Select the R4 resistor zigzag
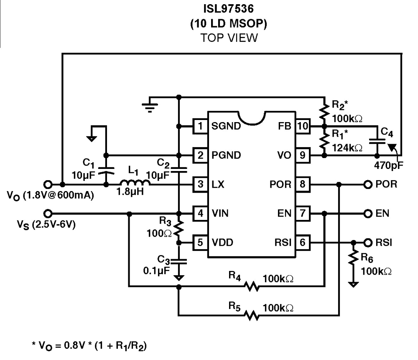pos(252,286)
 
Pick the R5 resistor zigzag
pos(252,315)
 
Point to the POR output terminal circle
pos(368,184)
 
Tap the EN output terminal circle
pos(368,213)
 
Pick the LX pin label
pos(218,184)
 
